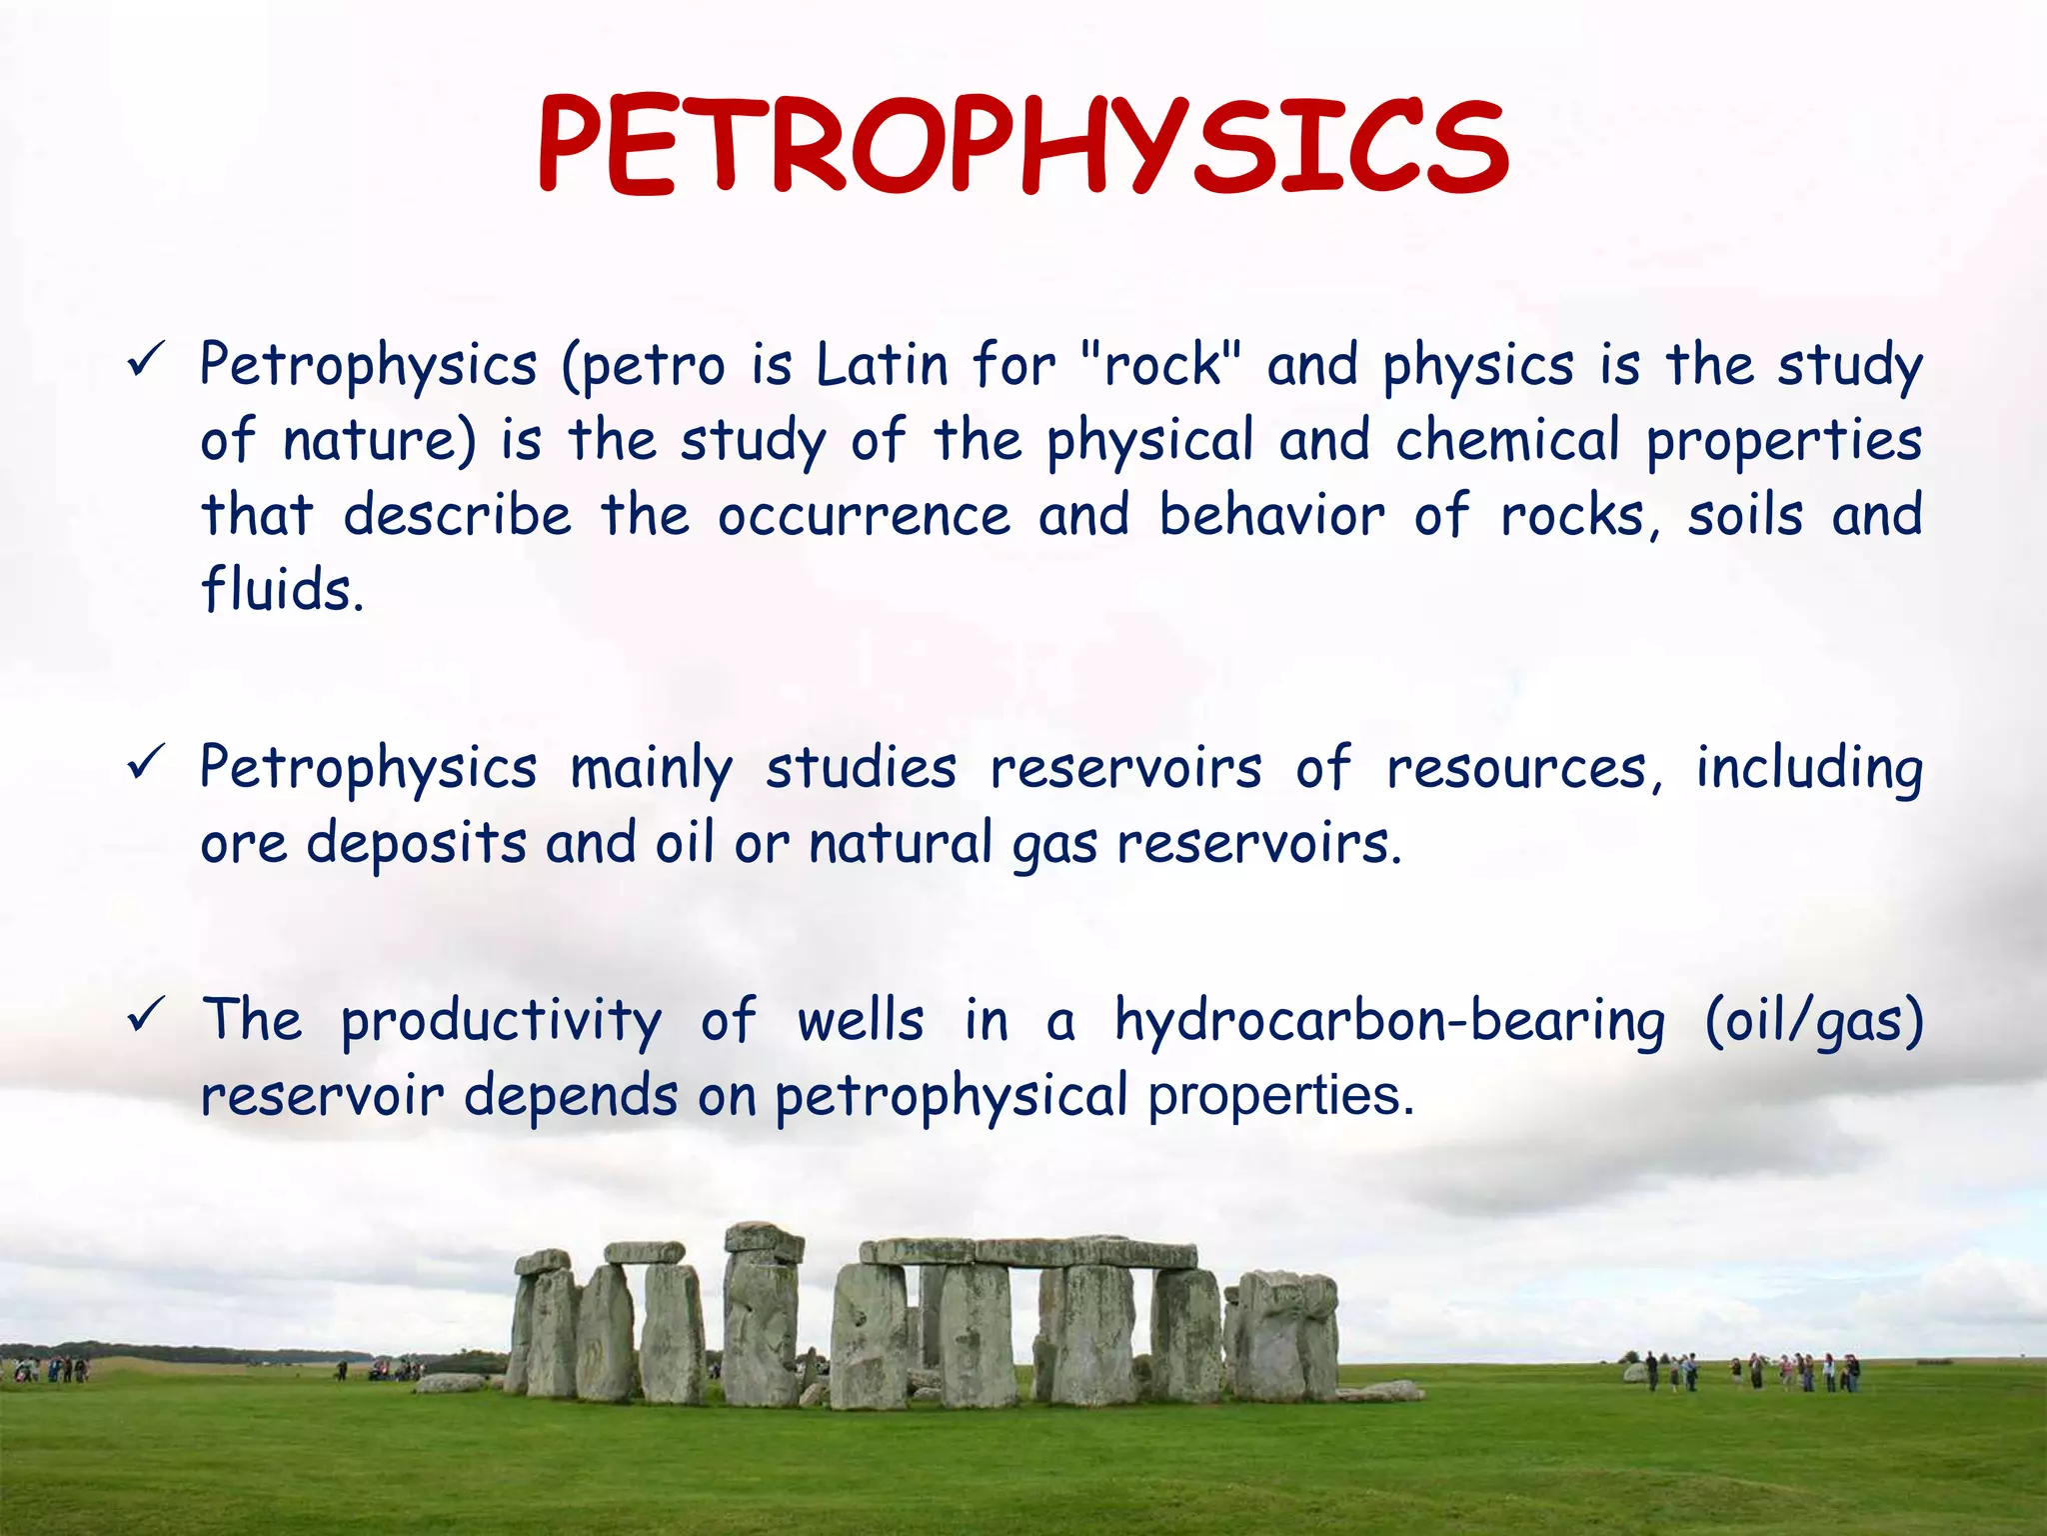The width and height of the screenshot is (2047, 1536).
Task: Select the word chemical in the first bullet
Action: (1507, 440)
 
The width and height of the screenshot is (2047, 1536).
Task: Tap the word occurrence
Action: (864, 516)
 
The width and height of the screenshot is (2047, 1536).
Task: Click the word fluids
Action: (282, 590)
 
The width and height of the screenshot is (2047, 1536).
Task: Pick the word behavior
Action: (1271, 516)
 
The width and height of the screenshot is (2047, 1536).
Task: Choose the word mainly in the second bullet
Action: (651, 770)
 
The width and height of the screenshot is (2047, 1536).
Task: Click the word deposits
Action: (416, 844)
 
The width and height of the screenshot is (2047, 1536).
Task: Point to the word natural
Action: (900, 843)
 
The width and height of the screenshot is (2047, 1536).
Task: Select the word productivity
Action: (501, 1022)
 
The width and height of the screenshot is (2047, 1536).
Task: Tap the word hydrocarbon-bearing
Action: (1389, 1022)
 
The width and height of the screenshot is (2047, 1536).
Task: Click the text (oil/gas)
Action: (1813, 1022)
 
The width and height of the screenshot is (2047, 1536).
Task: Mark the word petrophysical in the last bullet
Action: (951, 1097)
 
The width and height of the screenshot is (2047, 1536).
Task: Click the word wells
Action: (860, 1020)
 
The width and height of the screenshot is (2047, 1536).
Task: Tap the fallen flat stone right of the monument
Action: (1382, 1390)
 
